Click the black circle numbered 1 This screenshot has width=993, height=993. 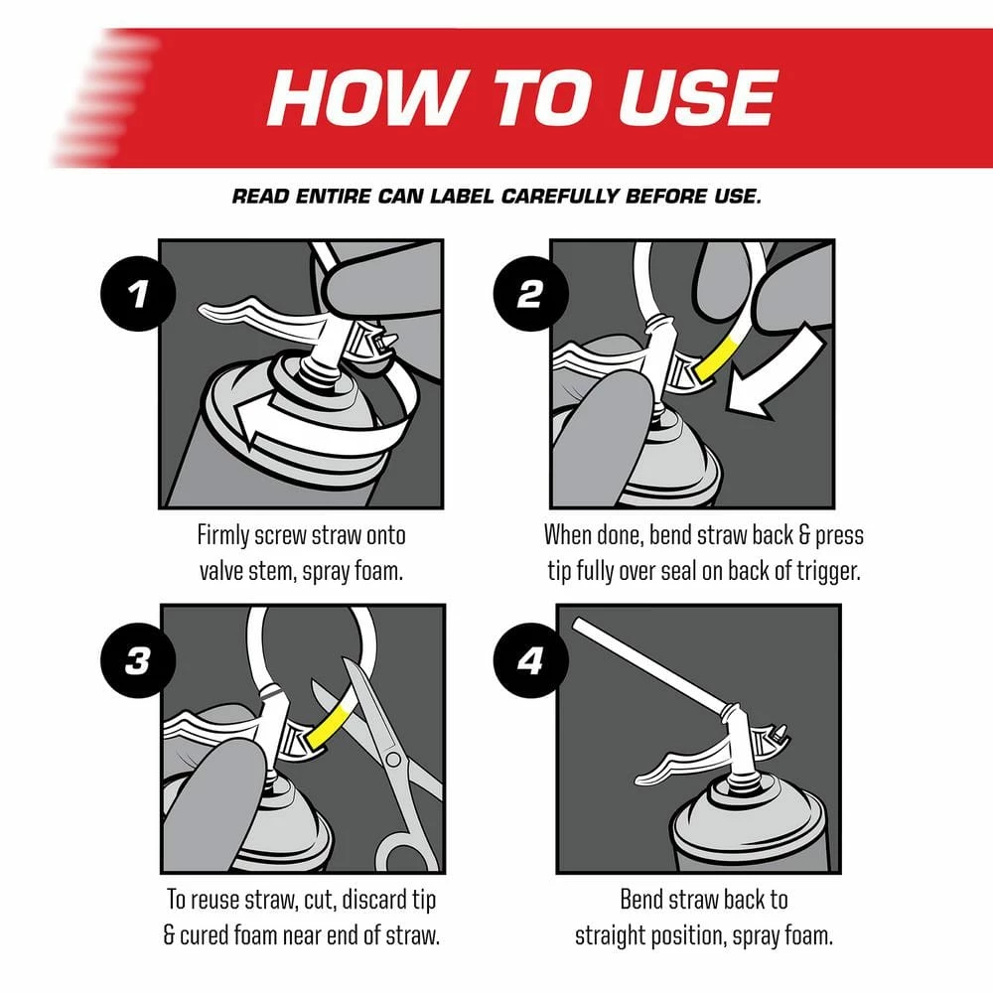click(x=137, y=294)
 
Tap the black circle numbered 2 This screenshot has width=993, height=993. click(x=530, y=294)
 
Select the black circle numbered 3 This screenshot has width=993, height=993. click(x=137, y=660)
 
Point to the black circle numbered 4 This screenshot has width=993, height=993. click(x=530, y=660)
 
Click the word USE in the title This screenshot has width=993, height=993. click(x=697, y=97)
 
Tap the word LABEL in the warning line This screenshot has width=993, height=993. click(x=462, y=197)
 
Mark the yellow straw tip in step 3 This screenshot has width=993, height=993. click(x=327, y=724)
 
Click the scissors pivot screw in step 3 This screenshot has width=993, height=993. click(x=392, y=758)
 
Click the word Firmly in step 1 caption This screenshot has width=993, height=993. click(x=222, y=536)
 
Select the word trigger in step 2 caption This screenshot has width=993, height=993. click(x=829, y=572)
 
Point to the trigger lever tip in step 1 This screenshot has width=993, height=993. click(x=204, y=309)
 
